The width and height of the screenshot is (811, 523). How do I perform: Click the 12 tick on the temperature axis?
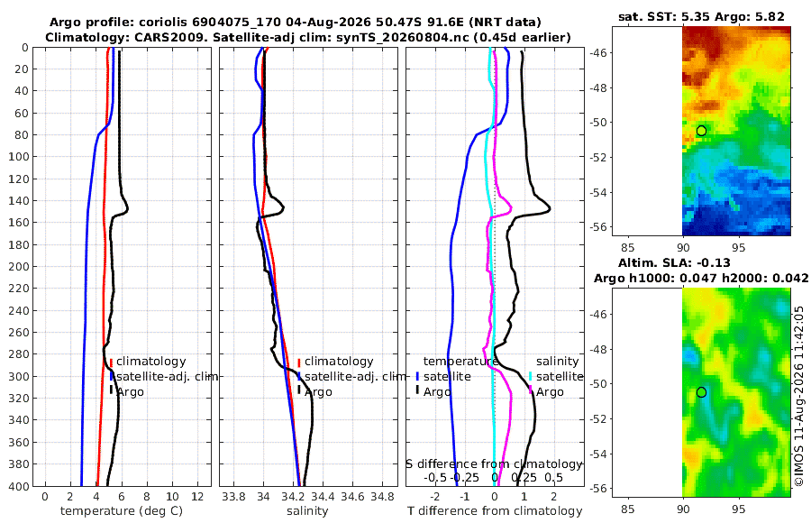[x=197, y=497]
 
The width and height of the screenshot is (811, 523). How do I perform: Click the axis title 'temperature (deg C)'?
[x=122, y=511]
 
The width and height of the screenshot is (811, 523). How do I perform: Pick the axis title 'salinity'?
[x=308, y=511]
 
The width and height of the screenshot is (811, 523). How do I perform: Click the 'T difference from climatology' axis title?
[x=495, y=511]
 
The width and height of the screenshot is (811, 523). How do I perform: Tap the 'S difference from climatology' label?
[x=495, y=464]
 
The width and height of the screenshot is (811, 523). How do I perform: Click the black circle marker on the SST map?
[x=701, y=131]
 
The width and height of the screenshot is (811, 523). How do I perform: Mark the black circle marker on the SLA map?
[x=701, y=392]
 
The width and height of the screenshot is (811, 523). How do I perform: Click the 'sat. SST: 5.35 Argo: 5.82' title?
[x=701, y=16]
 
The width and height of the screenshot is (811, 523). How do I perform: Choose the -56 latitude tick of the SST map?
[x=599, y=227]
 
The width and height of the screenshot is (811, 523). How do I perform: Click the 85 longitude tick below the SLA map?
[x=627, y=509]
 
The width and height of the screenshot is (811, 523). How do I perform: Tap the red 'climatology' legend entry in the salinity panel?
[x=335, y=362]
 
